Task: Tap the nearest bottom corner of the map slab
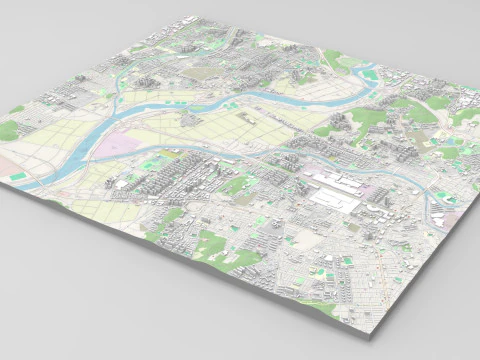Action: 371,329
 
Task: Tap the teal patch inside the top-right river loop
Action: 370,75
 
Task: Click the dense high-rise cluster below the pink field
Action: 165,185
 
